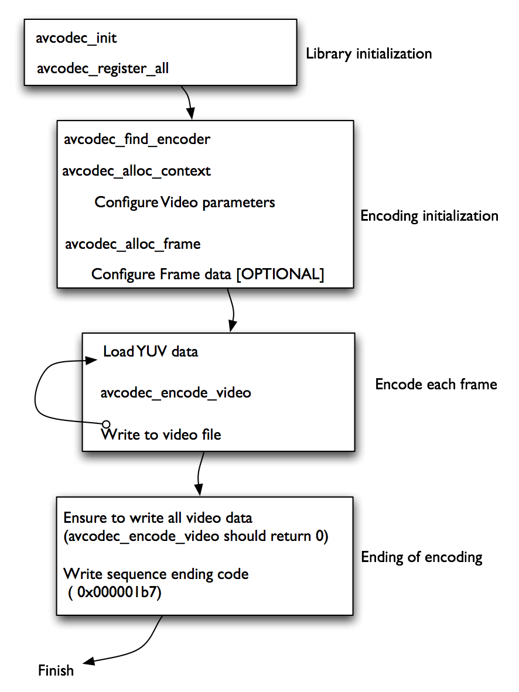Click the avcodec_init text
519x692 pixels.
point(77,39)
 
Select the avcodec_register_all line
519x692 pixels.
point(103,68)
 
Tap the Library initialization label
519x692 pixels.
point(368,54)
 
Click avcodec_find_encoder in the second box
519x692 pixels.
point(136,140)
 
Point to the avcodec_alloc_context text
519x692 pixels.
point(136,172)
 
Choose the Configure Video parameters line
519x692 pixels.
point(185,203)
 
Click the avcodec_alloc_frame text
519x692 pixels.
point(132,244)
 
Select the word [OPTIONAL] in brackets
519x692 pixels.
point(279,275)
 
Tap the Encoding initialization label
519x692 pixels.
point(429,216)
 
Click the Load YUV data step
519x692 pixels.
point(151,352)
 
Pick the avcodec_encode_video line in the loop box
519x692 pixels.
point(176,393)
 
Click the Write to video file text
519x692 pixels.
point(161,435)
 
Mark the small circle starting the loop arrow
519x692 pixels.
point(106,424)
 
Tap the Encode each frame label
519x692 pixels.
point(436,385)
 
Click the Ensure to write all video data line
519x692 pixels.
point(158,518)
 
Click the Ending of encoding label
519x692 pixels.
point(421,557)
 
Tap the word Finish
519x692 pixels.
point(56,670)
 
